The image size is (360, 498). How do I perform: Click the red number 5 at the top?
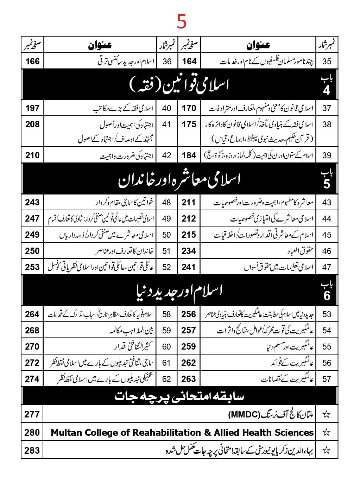pyautogui.click(x=182, y=21)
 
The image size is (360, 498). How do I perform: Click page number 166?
pyautogui.click(x=32, y=61)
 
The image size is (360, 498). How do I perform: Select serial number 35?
pyautogui.click(x=327, y=61)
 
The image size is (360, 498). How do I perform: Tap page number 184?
pyautogui.click(x=189, y=155)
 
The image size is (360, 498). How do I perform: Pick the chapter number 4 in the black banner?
pyautogui.click(x=327, y=90)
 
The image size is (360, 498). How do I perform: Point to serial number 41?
pyautogui.click(x=166, y=124)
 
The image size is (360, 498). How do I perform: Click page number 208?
pyautogui.click(x=32, y=124)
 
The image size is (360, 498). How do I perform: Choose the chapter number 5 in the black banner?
pyautogui.click(x=327, y=184)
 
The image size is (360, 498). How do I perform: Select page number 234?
pyautogui.click(x=189, y=251)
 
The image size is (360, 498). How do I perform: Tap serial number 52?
pyautogui.click(x=166, y=267)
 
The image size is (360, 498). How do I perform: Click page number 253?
pyautogui.click(x=32, y=267)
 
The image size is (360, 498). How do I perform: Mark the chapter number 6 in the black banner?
pyautogui.click(x=327, y=295)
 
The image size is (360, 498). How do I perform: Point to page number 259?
pyautogui.click(x=189, y=346)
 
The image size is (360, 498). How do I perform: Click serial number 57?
pyautogui.click(x=327, y=379)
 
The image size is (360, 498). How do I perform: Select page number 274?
pyautogui.click(x=32, y=379)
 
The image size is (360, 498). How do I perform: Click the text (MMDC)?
pyautogui.click(x=244, y=414)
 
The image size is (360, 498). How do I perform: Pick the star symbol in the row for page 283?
pyautogui.click(x=327, y=450)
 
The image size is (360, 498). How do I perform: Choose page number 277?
pyautogui.click(x=32, y=414)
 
